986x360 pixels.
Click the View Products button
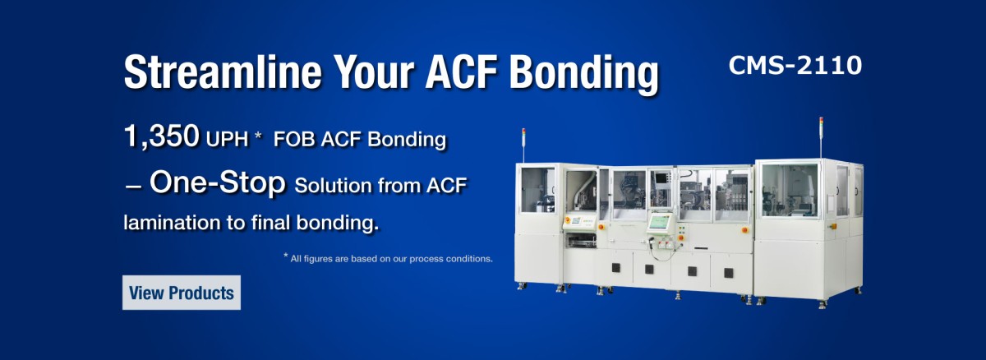coord(182,293)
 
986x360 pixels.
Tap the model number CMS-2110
coord(795,66)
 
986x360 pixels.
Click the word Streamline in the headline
coord(223,72)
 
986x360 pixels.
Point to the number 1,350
coord(162,136)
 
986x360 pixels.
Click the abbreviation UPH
coord(227,140)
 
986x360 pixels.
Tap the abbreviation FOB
coord(293,140)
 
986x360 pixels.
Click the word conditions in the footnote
coord(469,259)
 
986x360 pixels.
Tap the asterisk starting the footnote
coord(286,256)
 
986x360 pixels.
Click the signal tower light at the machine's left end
coord(523,136)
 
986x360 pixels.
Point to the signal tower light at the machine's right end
coord(821,125)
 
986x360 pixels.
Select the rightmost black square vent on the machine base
coord(729,274)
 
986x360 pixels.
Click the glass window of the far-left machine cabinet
coord(538,190)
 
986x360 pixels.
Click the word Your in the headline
coord(373,72)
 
